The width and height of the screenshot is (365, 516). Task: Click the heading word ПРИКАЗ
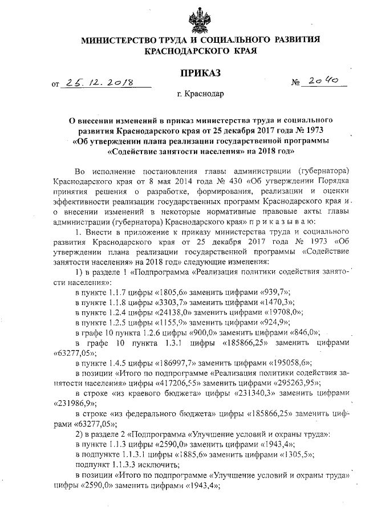pos(200,73)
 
